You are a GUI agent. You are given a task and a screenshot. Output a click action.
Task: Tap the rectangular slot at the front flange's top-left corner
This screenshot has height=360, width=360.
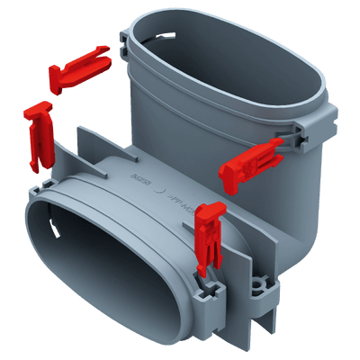41,189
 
